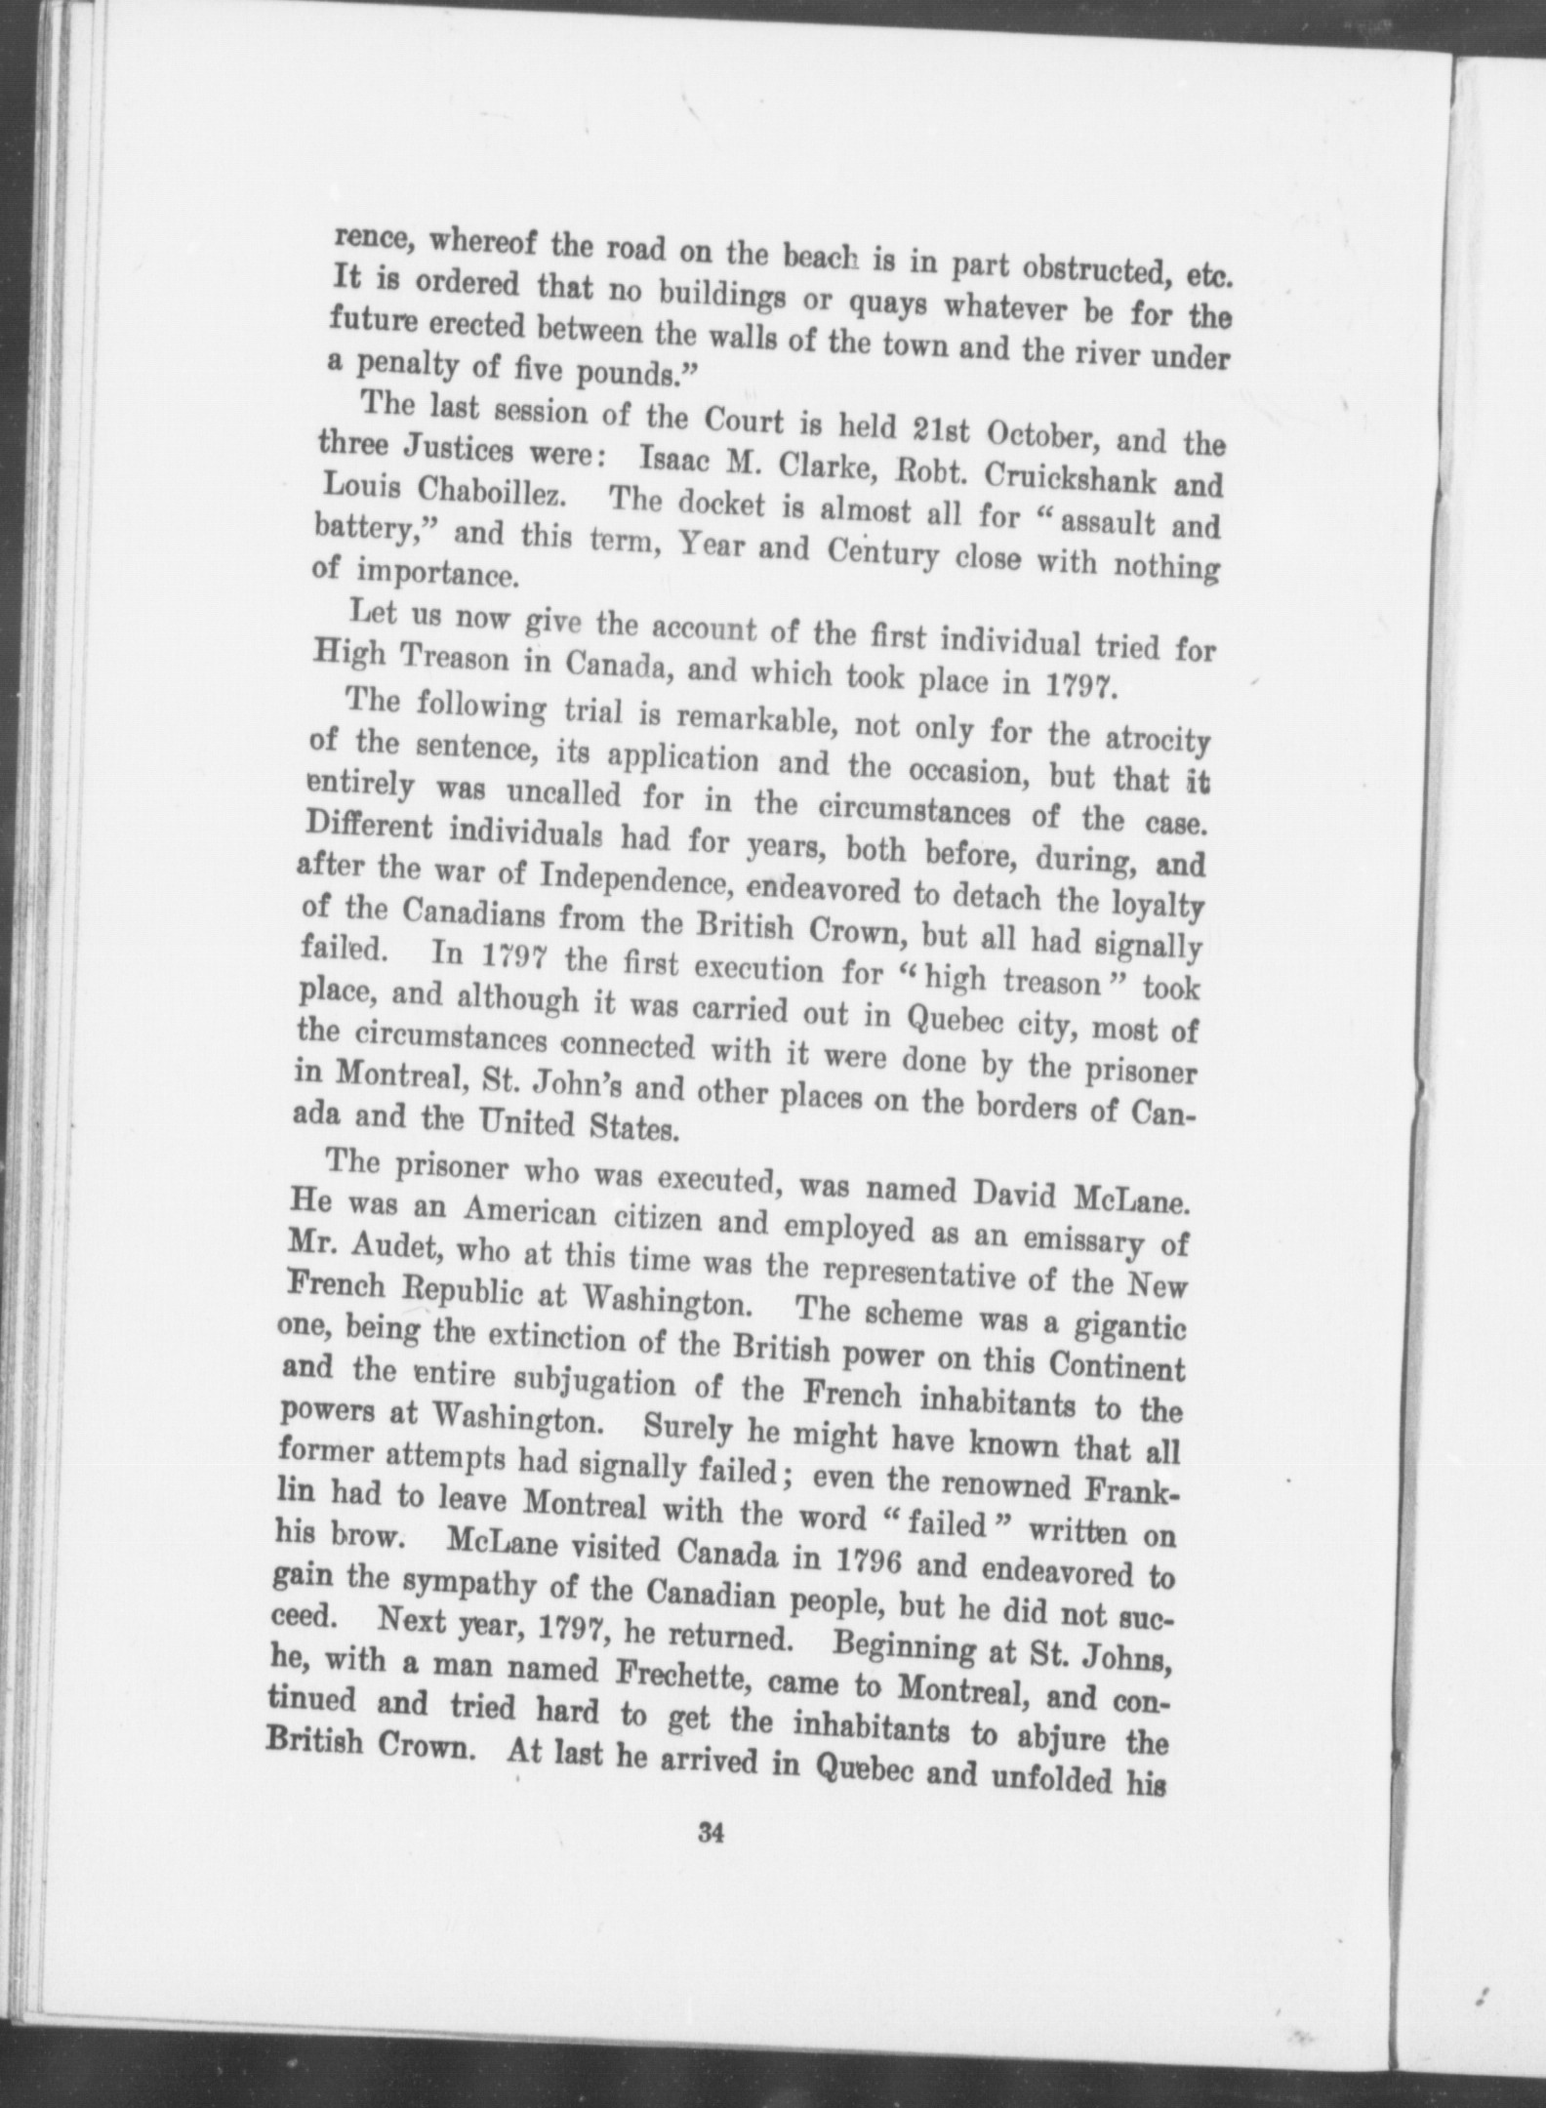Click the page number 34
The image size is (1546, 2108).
[x=710, y=1834]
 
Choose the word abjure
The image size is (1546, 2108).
[x=1068, y=1736]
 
